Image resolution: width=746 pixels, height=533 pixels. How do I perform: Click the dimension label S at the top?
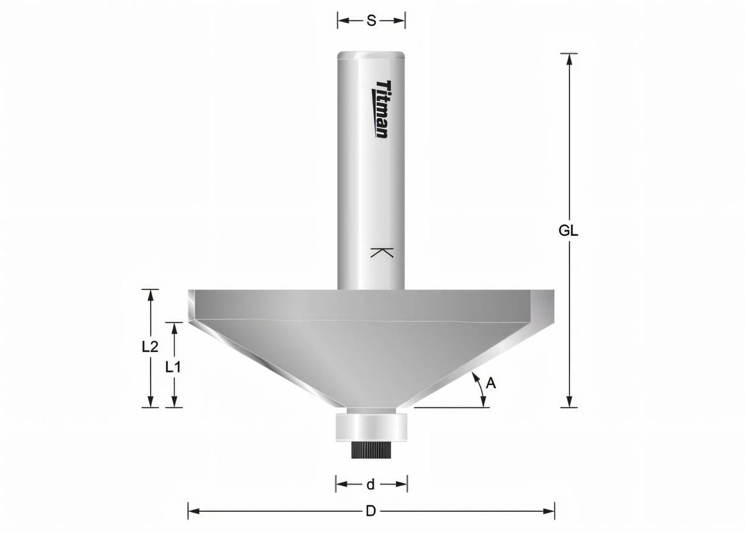(371, 21)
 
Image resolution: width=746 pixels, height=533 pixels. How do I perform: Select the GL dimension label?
(568, 231)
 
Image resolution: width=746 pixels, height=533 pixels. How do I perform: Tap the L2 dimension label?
(150, 347)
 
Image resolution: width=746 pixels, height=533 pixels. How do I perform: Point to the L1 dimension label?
(173, 367)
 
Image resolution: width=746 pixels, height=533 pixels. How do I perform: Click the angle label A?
(490, 384)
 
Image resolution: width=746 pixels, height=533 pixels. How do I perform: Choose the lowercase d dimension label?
(371, 484)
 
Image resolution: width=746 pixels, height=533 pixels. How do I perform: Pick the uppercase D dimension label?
(371, 511)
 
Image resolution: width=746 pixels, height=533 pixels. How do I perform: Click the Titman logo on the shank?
(382, 109)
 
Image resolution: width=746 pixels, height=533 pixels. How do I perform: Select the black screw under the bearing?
(371, 450)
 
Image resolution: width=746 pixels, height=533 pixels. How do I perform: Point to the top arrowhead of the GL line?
(569, 58)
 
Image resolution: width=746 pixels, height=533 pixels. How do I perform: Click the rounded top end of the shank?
(371, 55)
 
